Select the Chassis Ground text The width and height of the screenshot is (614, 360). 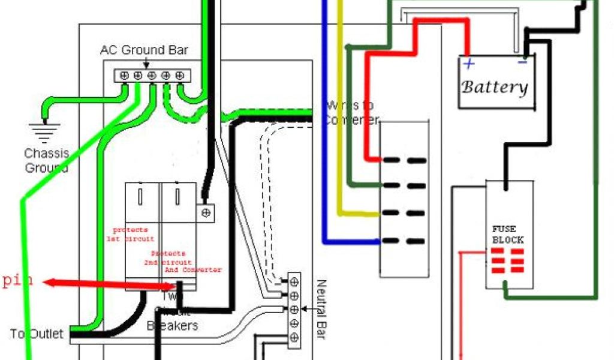click(x=47, y=160)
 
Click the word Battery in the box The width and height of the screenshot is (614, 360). click(x=495, y=88)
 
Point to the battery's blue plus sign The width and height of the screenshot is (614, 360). click(x=469, y=63)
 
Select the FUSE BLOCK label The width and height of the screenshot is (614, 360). click(x=508, y=235)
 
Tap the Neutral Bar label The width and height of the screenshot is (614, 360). click(x=320, y=309)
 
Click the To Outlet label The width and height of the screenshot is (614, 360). click(x=36, y=334)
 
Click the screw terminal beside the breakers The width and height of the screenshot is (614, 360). click(x=206, y=212)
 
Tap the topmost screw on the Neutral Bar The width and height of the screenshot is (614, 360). click(x=294, y=281)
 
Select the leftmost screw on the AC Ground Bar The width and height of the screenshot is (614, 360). click(x=124, y=76)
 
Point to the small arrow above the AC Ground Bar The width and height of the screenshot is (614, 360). click(x=146, y=63)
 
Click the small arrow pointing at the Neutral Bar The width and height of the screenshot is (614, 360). click(x=306, y=310)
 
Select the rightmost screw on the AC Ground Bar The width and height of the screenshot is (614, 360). click(x=179, y=76)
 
